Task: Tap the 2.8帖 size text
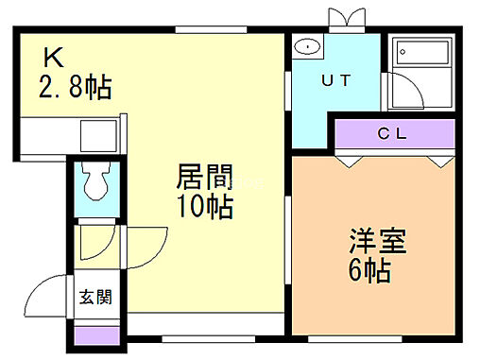coord(75,89)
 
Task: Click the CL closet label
coord(392,133)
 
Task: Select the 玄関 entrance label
coord(94,298)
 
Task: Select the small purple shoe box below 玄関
coord(94,334)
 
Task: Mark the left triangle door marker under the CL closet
coord(351,161)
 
